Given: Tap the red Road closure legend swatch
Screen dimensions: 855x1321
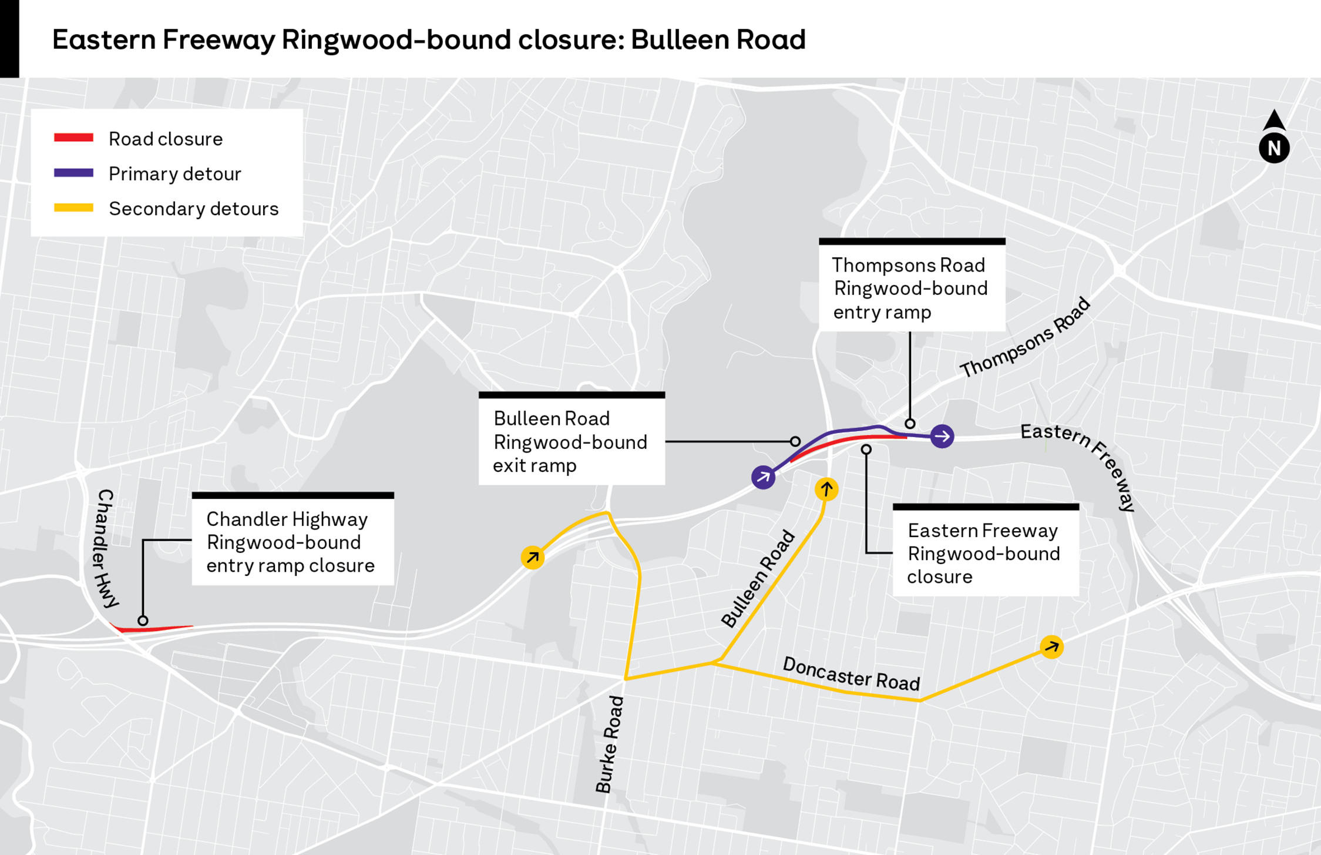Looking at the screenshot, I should point(73,138).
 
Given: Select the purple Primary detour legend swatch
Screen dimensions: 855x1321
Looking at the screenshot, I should point(73,173).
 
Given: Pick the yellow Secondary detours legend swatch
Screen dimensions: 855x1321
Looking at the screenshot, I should point(73,207).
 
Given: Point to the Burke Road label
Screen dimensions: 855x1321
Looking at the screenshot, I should point(609,744).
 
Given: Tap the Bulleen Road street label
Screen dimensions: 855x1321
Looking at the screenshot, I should point(758,579).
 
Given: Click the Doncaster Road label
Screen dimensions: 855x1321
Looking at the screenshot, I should point(851,673).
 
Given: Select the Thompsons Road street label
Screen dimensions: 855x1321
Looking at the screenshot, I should point(1025,338).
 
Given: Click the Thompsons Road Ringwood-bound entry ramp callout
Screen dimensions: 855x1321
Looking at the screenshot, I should point(912,288).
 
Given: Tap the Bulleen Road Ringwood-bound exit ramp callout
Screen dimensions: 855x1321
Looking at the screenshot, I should point(572,441).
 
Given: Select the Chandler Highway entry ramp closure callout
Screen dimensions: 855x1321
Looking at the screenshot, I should point(293,542).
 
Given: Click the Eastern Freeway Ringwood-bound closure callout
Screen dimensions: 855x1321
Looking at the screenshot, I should point(985,553).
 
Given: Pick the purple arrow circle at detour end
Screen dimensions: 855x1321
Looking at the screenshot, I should point(942,436).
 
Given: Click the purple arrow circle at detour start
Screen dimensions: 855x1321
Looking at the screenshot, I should point(763,477).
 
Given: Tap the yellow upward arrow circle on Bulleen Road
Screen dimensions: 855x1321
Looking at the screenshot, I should point(826,489).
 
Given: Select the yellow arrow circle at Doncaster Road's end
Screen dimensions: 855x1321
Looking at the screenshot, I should point(1051,647).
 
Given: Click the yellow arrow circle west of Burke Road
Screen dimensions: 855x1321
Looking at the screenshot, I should point(533,557).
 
